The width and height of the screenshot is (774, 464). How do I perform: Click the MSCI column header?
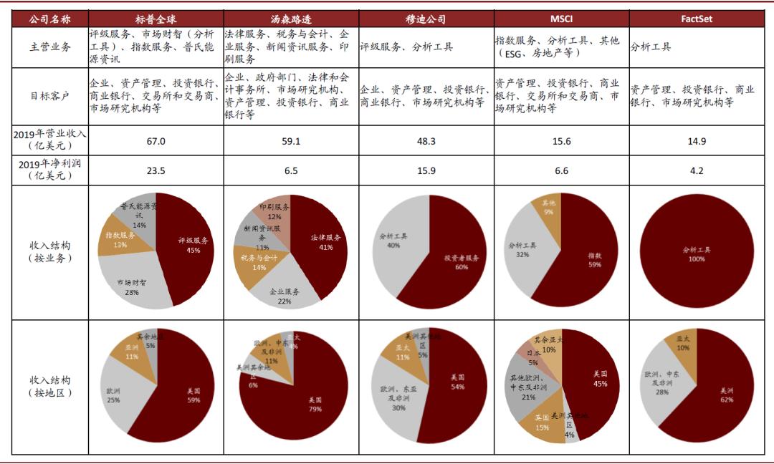(562, 19)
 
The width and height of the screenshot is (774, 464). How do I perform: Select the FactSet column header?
(697, 19)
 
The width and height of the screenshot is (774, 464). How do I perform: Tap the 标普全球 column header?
(156, 19)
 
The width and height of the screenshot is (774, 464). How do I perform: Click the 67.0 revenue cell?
(156, 141)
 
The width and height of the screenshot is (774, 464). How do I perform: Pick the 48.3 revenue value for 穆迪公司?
(426, 141)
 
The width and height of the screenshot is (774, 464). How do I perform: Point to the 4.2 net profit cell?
(697, 170)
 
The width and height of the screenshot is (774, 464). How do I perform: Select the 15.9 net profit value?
(426, 170)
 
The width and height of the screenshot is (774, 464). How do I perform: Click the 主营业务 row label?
(50, 47)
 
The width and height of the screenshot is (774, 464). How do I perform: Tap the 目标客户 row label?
(50, 96)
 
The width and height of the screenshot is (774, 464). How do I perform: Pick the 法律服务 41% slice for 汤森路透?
(326, 243)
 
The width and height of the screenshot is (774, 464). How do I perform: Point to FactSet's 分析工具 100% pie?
(696, 251)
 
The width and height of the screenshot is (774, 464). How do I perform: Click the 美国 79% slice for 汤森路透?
(315, 405)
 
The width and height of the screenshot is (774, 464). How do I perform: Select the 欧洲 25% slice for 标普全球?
(115, 394)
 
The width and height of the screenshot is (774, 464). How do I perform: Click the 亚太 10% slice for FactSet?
(681, 345)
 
